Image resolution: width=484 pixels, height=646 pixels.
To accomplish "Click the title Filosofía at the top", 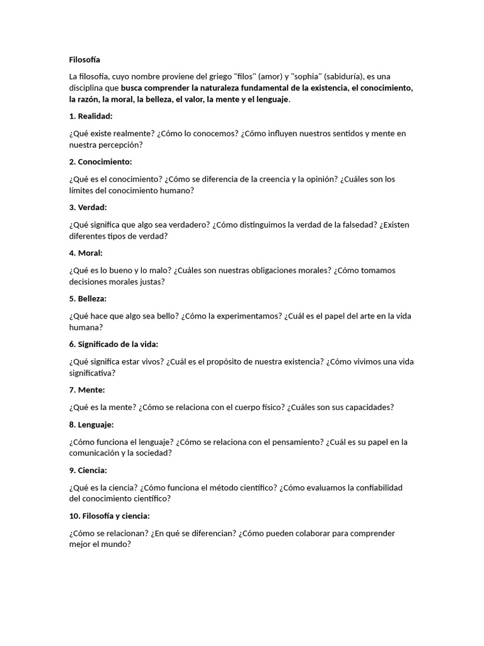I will tap(84, 60).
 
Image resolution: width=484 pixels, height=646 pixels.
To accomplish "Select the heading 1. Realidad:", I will tap(91, 116).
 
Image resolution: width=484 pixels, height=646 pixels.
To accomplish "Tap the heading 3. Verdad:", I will tap(88, 207).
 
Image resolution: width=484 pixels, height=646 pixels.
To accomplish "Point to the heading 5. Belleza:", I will tap(88, 298).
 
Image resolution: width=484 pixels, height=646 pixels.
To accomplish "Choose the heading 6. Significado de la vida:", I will tap(113, 344).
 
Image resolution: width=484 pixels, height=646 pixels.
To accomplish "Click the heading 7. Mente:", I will tap(87, 390).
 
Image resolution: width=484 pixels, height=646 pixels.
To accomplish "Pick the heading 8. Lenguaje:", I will tap(91, 425).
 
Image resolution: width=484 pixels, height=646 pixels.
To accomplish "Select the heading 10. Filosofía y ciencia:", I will tap(109, 516).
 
